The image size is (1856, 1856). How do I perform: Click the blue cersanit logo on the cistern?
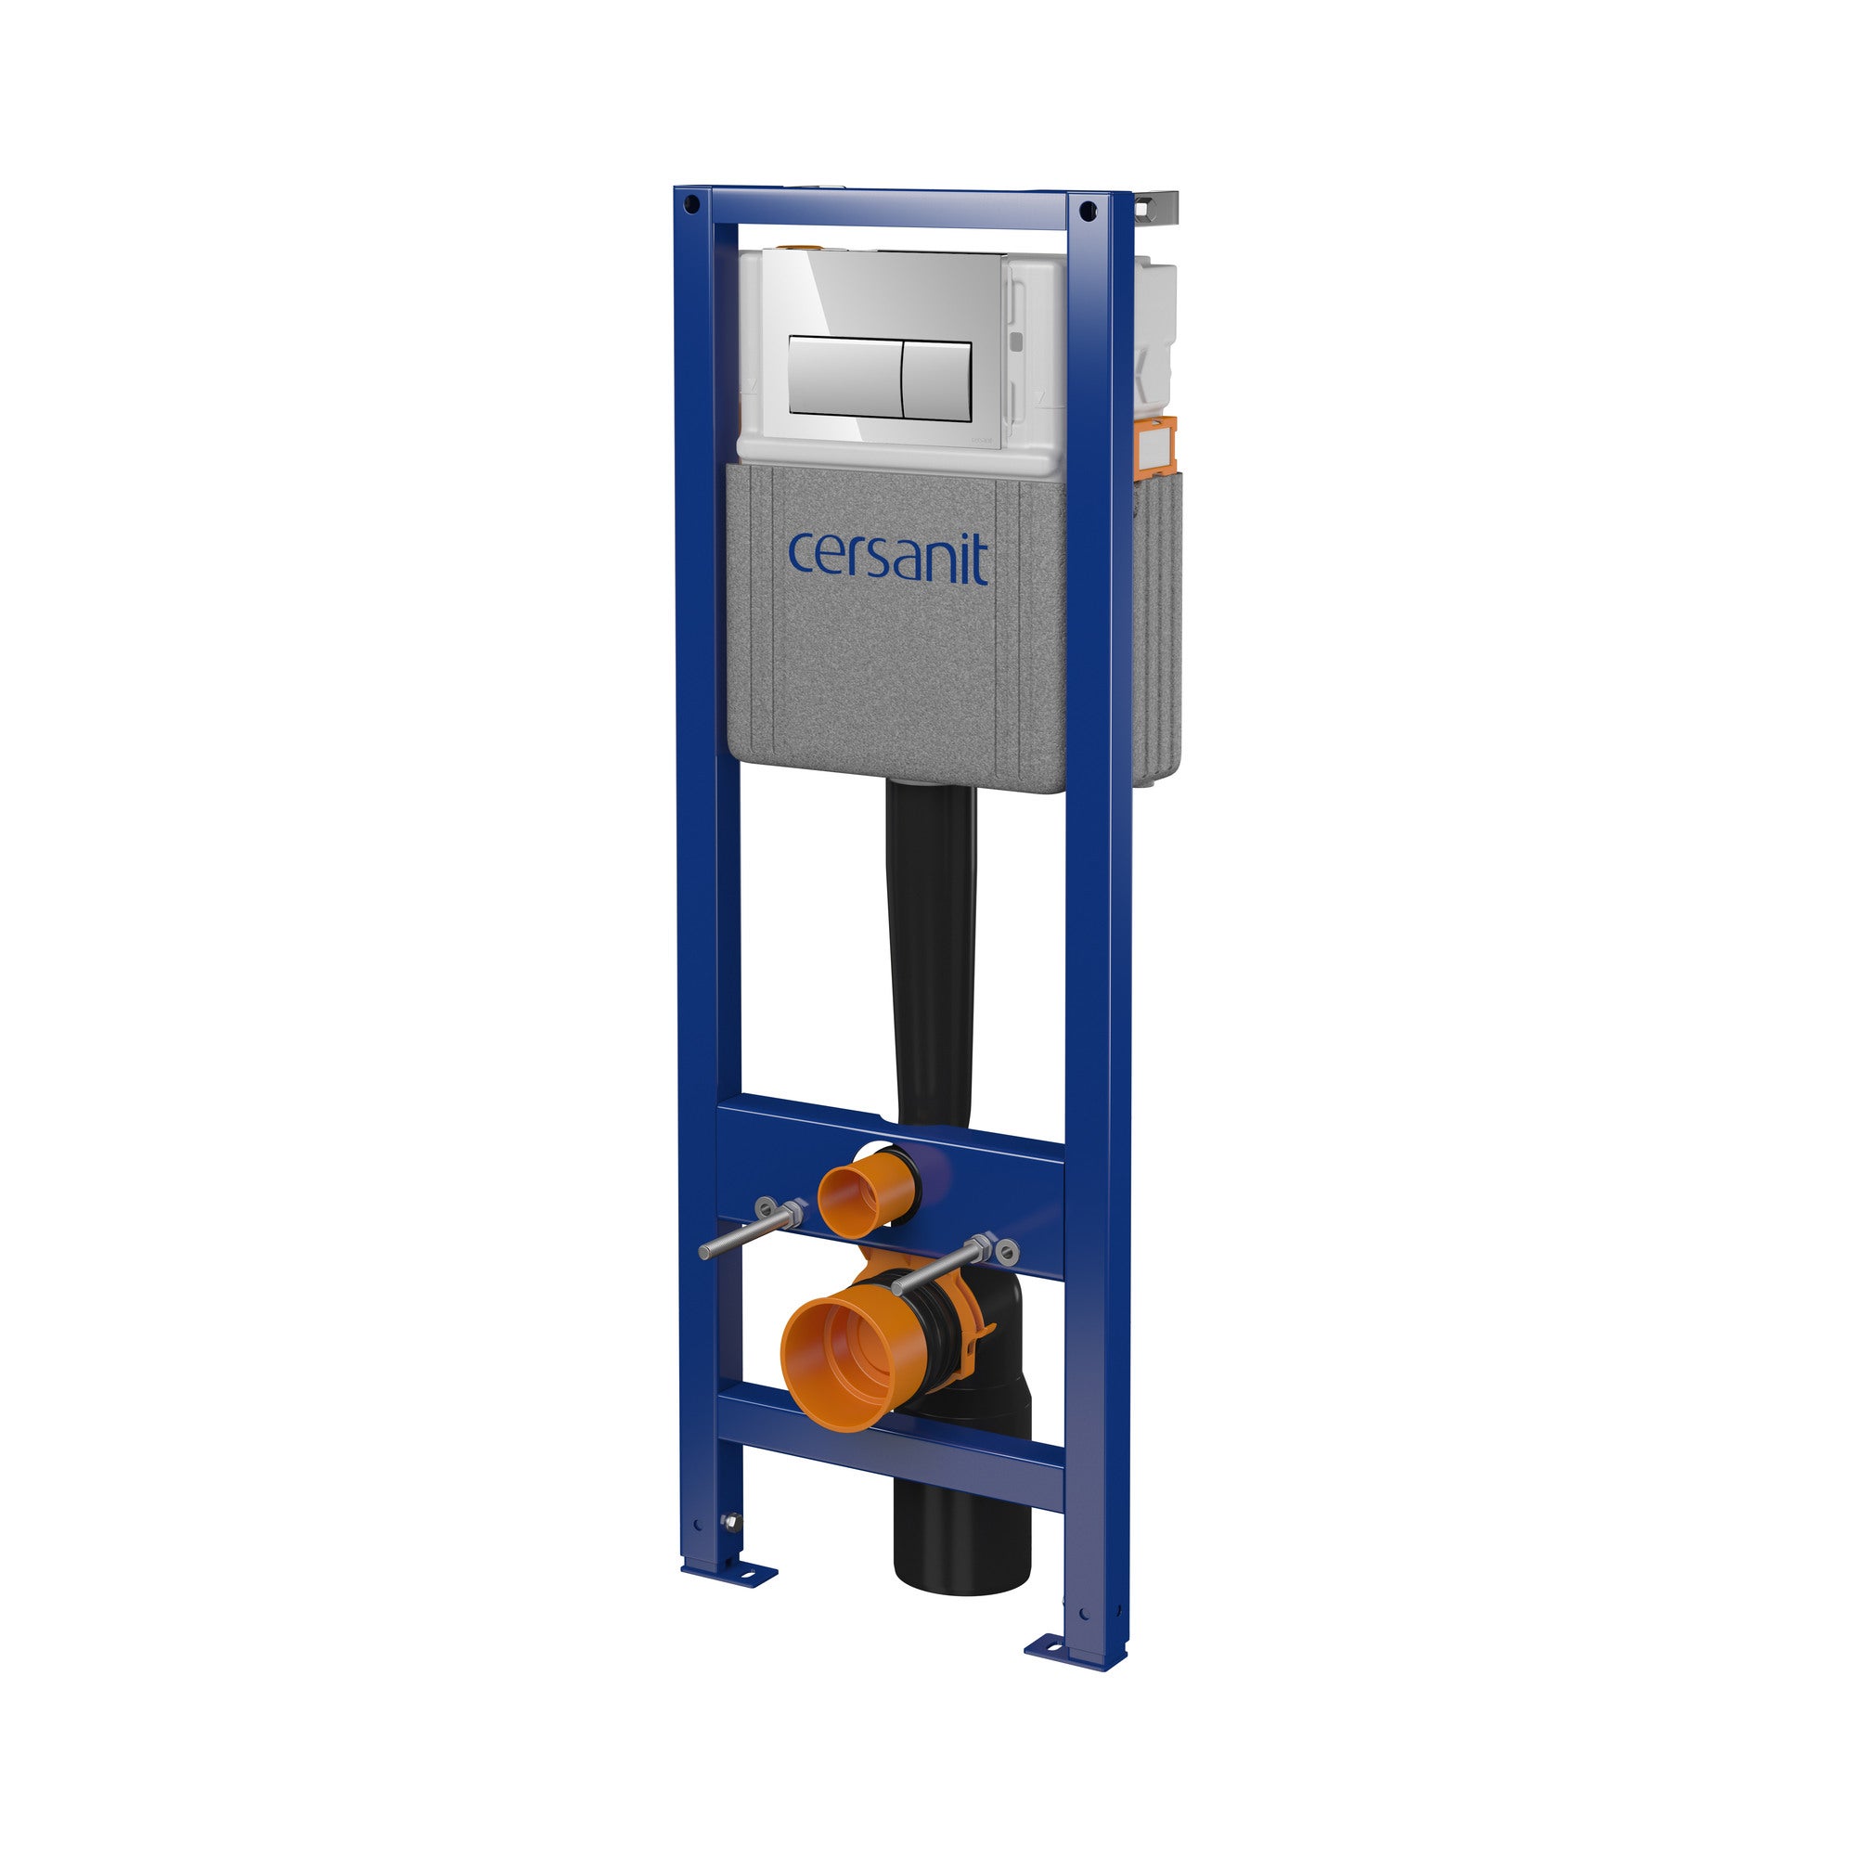[x=889, y=556]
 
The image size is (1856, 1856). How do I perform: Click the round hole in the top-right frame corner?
[x=1087, y=210]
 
